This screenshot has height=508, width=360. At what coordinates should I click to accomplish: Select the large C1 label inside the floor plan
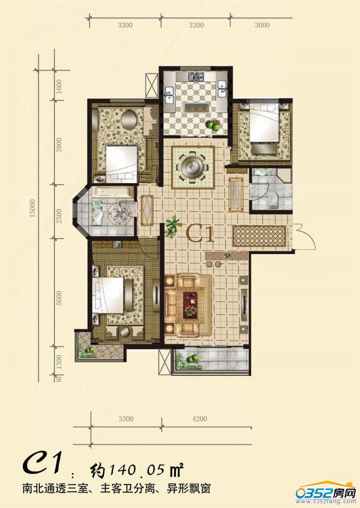coord(201,234)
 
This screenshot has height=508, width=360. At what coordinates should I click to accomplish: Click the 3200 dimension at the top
coord(196,25)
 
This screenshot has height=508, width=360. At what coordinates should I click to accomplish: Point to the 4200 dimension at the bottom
coord(200,419)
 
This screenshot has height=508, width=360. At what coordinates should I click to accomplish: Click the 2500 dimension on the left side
coord(58,215)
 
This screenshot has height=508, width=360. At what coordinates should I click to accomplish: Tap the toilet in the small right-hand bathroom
coord(274,201)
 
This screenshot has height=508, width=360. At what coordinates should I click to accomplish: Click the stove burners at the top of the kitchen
coord(197,77)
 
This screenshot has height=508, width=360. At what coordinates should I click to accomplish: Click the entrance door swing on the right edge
coord(305,237)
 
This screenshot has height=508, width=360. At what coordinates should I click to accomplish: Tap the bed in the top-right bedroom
coord(264,125)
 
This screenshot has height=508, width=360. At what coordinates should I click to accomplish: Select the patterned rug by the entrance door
coord(260,236)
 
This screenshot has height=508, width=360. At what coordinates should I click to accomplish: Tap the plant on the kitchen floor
coord(214,125)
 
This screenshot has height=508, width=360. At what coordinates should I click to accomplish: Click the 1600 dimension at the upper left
coord(58,86)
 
